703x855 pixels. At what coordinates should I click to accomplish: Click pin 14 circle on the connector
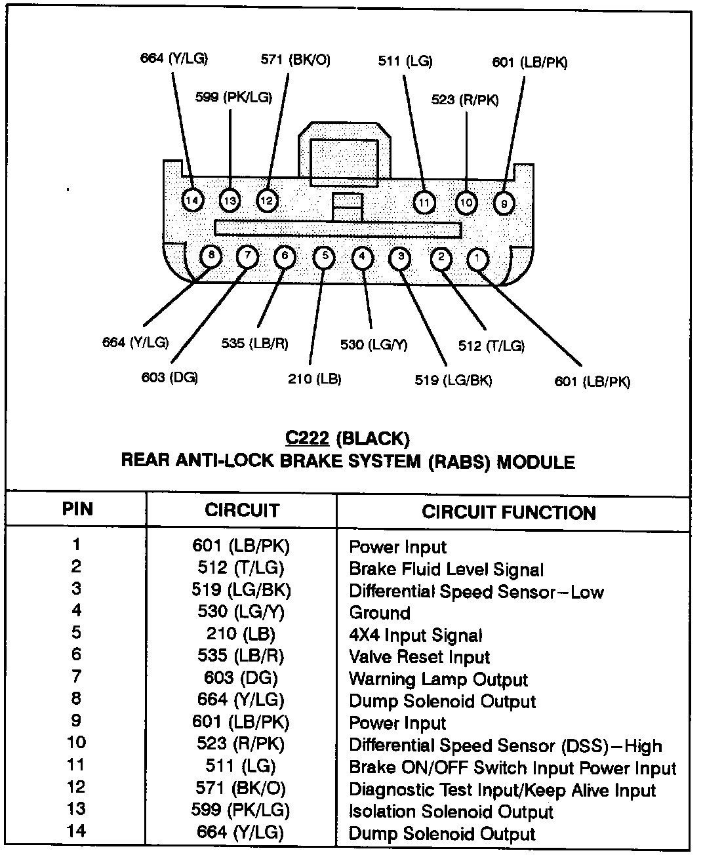pyautogui.click(x=193, y=199)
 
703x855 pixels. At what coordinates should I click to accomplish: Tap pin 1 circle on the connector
pyautogui.click(x=477, y=259)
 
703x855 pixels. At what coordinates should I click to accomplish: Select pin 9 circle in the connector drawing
pyautogui.click(x=504, y=203)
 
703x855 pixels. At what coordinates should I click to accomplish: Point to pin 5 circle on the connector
pyautogui.click(x=325, y=256)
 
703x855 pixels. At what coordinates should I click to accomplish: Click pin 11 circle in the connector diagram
pyautogui.click(x=424, y=203)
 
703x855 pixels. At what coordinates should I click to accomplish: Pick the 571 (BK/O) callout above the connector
pyautogui.click(x=296, y=60)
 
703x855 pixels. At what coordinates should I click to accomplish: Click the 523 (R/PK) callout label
pyautogui.click(x=464, y=100)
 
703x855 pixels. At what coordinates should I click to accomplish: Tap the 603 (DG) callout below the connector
pyautogui.click(x=169, y=377)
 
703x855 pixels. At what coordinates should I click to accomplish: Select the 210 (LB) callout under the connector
pyautogui.click(x=315, y=378)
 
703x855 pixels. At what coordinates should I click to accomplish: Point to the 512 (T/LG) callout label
pyautogui.click(x=491, y=346)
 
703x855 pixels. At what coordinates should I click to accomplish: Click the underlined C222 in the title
pyautogui.click(x=306, y=437)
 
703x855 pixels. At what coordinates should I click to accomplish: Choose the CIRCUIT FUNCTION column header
pyautogui.click(x=508, y=512)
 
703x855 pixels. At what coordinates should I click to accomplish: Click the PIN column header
pyautogui.click(x=77, y=509)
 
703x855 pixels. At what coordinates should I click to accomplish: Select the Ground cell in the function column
pyautogui.click(x=380, y=613)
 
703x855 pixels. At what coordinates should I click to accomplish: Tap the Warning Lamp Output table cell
pyautogui.click(x=438, y=679)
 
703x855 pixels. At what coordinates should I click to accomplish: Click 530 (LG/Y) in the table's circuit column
pyautogui.click(x=241, y=612)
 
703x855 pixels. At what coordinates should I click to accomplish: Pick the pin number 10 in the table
pyautogui.click(x=77, y=743)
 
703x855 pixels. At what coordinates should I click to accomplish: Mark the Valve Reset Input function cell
pyautogui.click(x=419, y=657)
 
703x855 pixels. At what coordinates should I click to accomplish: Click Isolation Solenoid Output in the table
pyautogui.click(x=451, y=812)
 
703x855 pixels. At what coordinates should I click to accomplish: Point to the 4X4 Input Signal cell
pyautogui.click(x=415, y=635)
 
